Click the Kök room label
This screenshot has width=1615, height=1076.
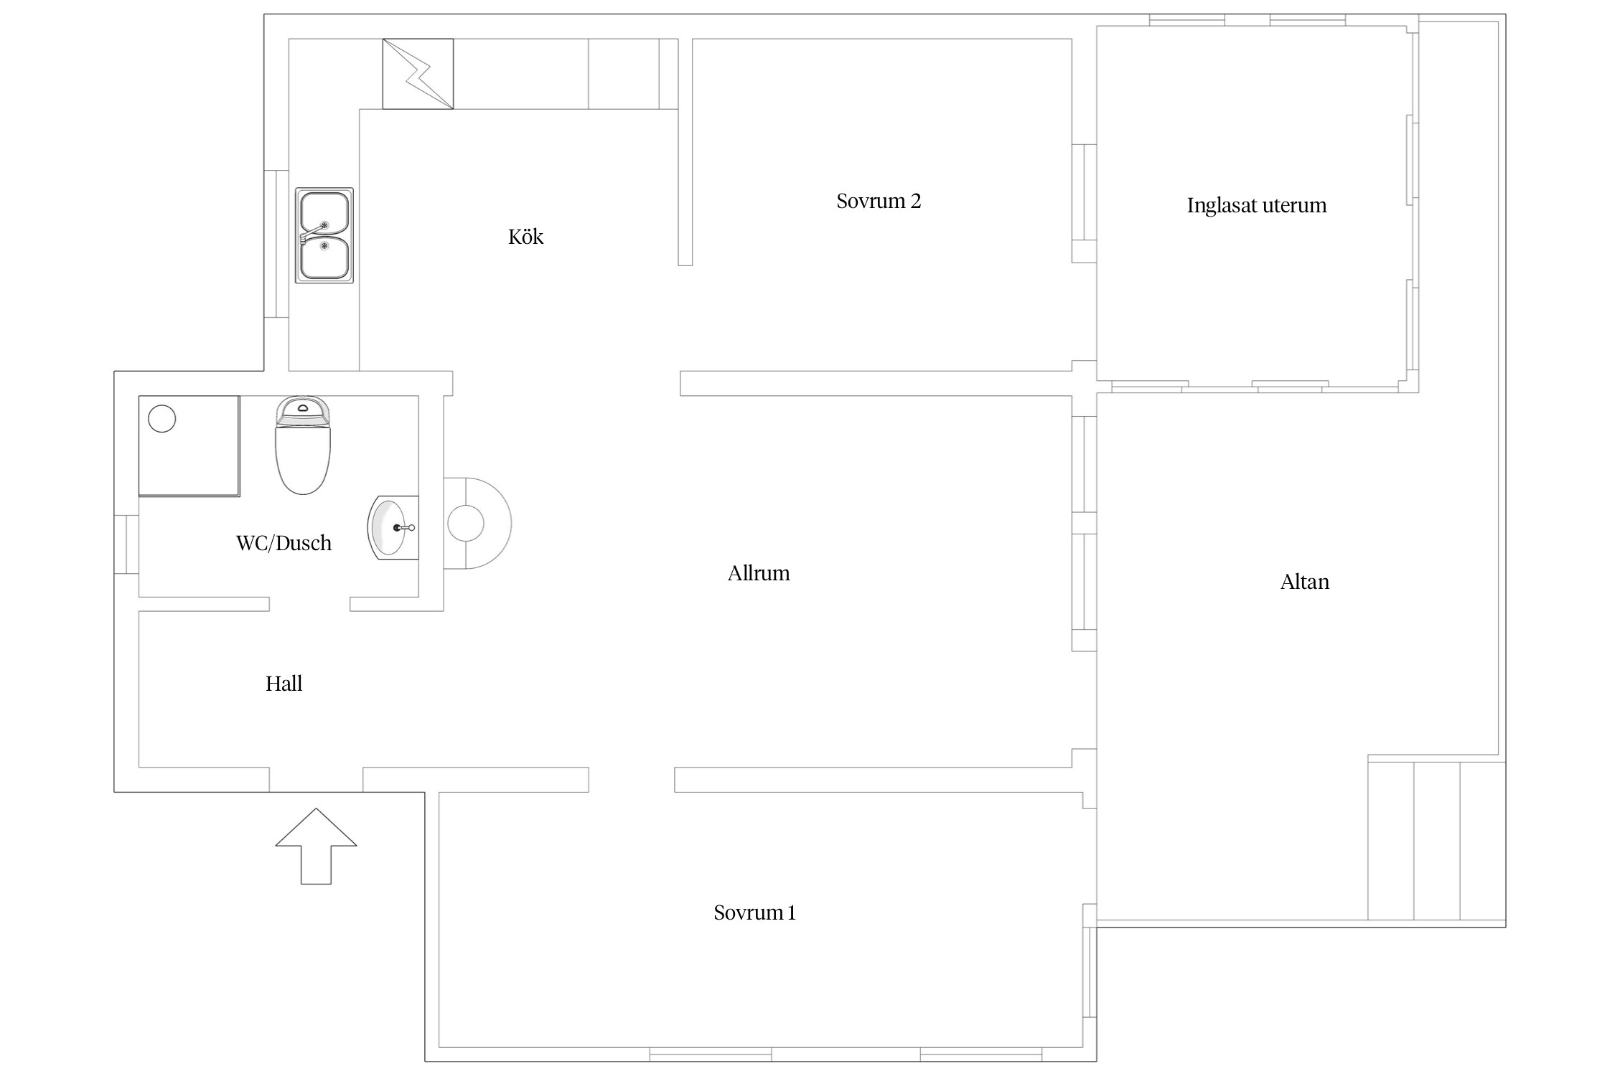coord(525,237)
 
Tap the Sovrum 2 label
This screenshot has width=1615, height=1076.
coord(879,201)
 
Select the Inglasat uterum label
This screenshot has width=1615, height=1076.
coord(1256,205)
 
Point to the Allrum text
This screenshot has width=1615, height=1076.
coord(759,573)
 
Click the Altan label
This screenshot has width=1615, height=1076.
coord(1304,582)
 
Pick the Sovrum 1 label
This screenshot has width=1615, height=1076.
coord(754,912)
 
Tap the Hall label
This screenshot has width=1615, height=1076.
coord(284,684)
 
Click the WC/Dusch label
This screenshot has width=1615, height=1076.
coord(284,543)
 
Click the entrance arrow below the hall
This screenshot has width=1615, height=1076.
coord(316,846)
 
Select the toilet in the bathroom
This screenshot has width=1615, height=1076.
coord(303,445)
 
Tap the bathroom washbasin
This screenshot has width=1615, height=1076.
coord(393,528)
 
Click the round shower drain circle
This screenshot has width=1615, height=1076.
coord(161,418)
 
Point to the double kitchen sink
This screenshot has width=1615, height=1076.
coord(324,235)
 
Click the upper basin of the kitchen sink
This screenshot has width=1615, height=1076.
coord(324,213)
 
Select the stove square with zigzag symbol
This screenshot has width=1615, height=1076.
coord(418,74)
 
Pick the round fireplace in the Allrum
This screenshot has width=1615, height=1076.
coord(477,524)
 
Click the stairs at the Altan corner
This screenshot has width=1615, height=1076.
coord(1436,841)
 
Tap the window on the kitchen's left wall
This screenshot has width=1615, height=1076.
coord(276,244)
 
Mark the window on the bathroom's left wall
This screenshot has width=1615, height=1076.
coord(126,544)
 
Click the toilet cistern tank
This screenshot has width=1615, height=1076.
coord(303,410)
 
